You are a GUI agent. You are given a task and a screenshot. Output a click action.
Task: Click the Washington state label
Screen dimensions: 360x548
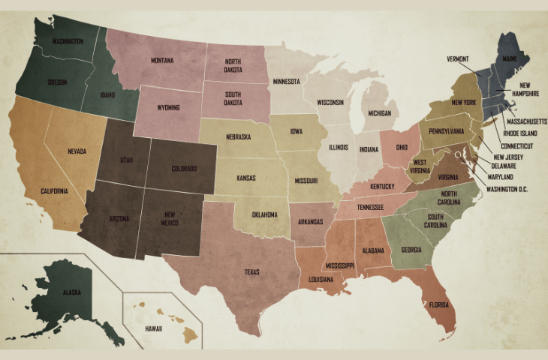pos(67,41)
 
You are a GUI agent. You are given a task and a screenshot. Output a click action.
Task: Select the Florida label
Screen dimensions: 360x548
pos(439,305)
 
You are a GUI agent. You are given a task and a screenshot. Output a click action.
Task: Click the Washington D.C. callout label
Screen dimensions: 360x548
pos(507,189)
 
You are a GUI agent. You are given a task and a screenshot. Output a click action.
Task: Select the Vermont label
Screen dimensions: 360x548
pos(458,58)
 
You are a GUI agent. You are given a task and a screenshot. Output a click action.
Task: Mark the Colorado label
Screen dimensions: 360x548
pos(184,168)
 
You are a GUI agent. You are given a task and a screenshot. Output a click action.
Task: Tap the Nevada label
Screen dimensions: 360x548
pos(77,151)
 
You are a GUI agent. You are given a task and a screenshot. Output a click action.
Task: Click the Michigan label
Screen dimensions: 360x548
pos(379,114)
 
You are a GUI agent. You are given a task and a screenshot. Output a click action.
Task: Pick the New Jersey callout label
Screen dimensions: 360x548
pos(509,156)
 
